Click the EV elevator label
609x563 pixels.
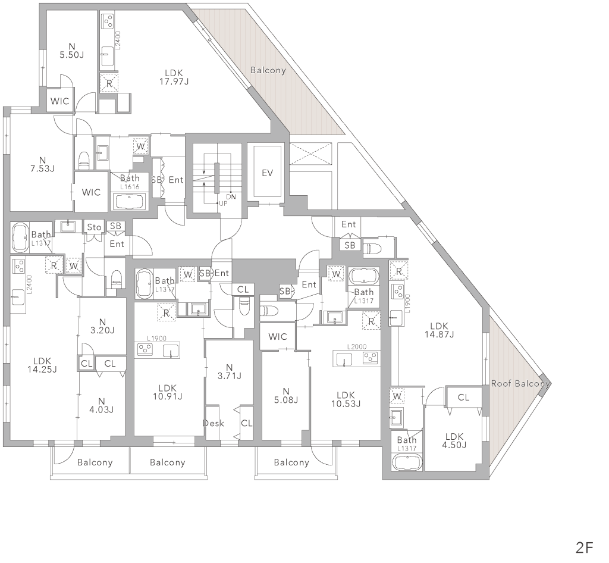pyautogui.click(x=267, y=173)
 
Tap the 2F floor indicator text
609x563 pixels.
pyautogui.click(x=585, y=548)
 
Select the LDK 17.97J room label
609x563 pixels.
pyautogui.click(x=174, y=77)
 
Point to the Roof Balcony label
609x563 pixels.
pyautogui.click(x=520, y=383)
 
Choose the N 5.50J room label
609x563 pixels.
pyautogui.click(x=71, y=51)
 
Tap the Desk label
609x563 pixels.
pyautogui.click(x=214, y=423)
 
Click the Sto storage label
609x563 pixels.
pyautogui.click(x=95, y=227)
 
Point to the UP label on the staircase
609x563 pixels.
pyautogui.click(x=224, y=203)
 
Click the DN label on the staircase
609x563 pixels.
pyautogui.click(x=231, y=197)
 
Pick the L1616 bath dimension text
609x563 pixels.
pyautogui.click(x=129, y=187)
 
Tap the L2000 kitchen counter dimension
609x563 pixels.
pyautogui.click(x=357, y=346)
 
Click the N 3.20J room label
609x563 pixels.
pyautogui.click(x=102, y=326)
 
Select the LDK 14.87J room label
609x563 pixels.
pyautogui.click(x=440, y=330)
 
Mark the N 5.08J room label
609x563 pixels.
pyautogui.click(x=286, y=396)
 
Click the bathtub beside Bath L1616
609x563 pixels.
pyautogui.click(x=128, y=202)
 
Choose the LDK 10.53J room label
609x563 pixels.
pyautogui.click(x=346, y=399)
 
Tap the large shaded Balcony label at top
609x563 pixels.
pyautogui.click(x=268, y=70)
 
